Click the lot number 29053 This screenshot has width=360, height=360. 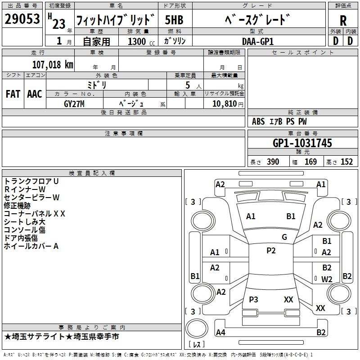22,19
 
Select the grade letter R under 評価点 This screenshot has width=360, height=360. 343,21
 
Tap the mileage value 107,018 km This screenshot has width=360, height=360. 53,65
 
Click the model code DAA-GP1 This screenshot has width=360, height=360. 258,41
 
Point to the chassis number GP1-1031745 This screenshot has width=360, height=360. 302,143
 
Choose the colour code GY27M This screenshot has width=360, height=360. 74,104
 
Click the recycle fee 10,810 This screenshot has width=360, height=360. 225,104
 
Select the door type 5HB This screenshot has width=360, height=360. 174,20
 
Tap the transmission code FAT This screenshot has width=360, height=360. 13,94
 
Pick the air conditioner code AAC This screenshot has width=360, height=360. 35,94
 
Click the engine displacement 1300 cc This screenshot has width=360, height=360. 141,41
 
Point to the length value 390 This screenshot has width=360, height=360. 273,162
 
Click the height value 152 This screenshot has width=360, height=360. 346,162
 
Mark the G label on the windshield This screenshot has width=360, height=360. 284,237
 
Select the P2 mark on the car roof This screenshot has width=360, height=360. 271,251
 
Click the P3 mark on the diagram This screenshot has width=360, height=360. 253,299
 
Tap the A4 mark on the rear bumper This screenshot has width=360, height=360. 220,332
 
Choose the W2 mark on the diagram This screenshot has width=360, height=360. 327,279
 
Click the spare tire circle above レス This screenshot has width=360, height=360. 197,328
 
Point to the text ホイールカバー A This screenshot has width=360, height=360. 31,246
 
